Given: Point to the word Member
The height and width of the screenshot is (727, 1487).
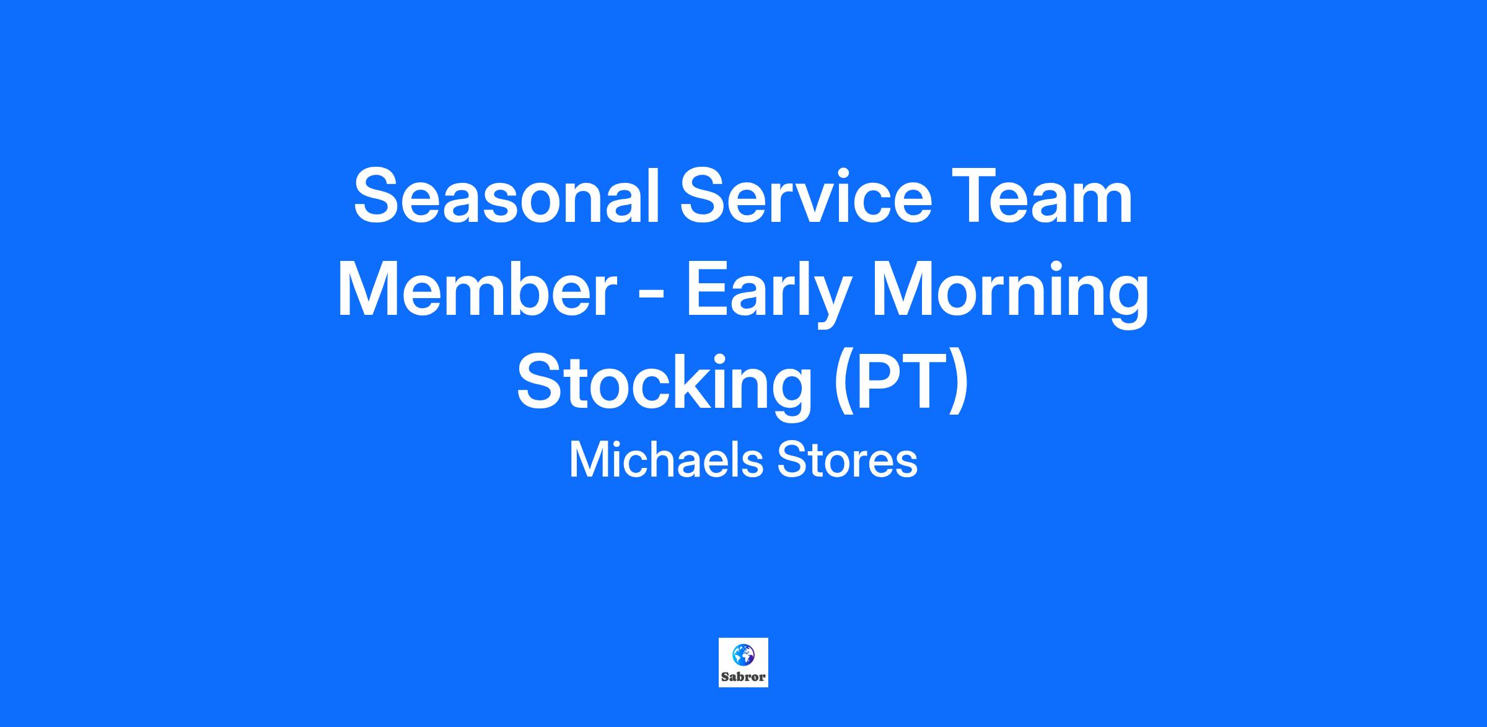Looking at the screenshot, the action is coord(477,289).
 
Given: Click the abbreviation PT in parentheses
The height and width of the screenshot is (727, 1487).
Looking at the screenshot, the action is coord(900,381).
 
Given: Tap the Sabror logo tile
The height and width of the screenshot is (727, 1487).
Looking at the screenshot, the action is coord(743,663).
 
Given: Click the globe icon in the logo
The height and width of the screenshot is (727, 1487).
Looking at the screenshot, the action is coord(743,655).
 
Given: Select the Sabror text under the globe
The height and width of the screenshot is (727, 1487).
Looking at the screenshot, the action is coord(743,677).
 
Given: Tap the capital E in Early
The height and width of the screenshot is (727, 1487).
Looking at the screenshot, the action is coord(707,289).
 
